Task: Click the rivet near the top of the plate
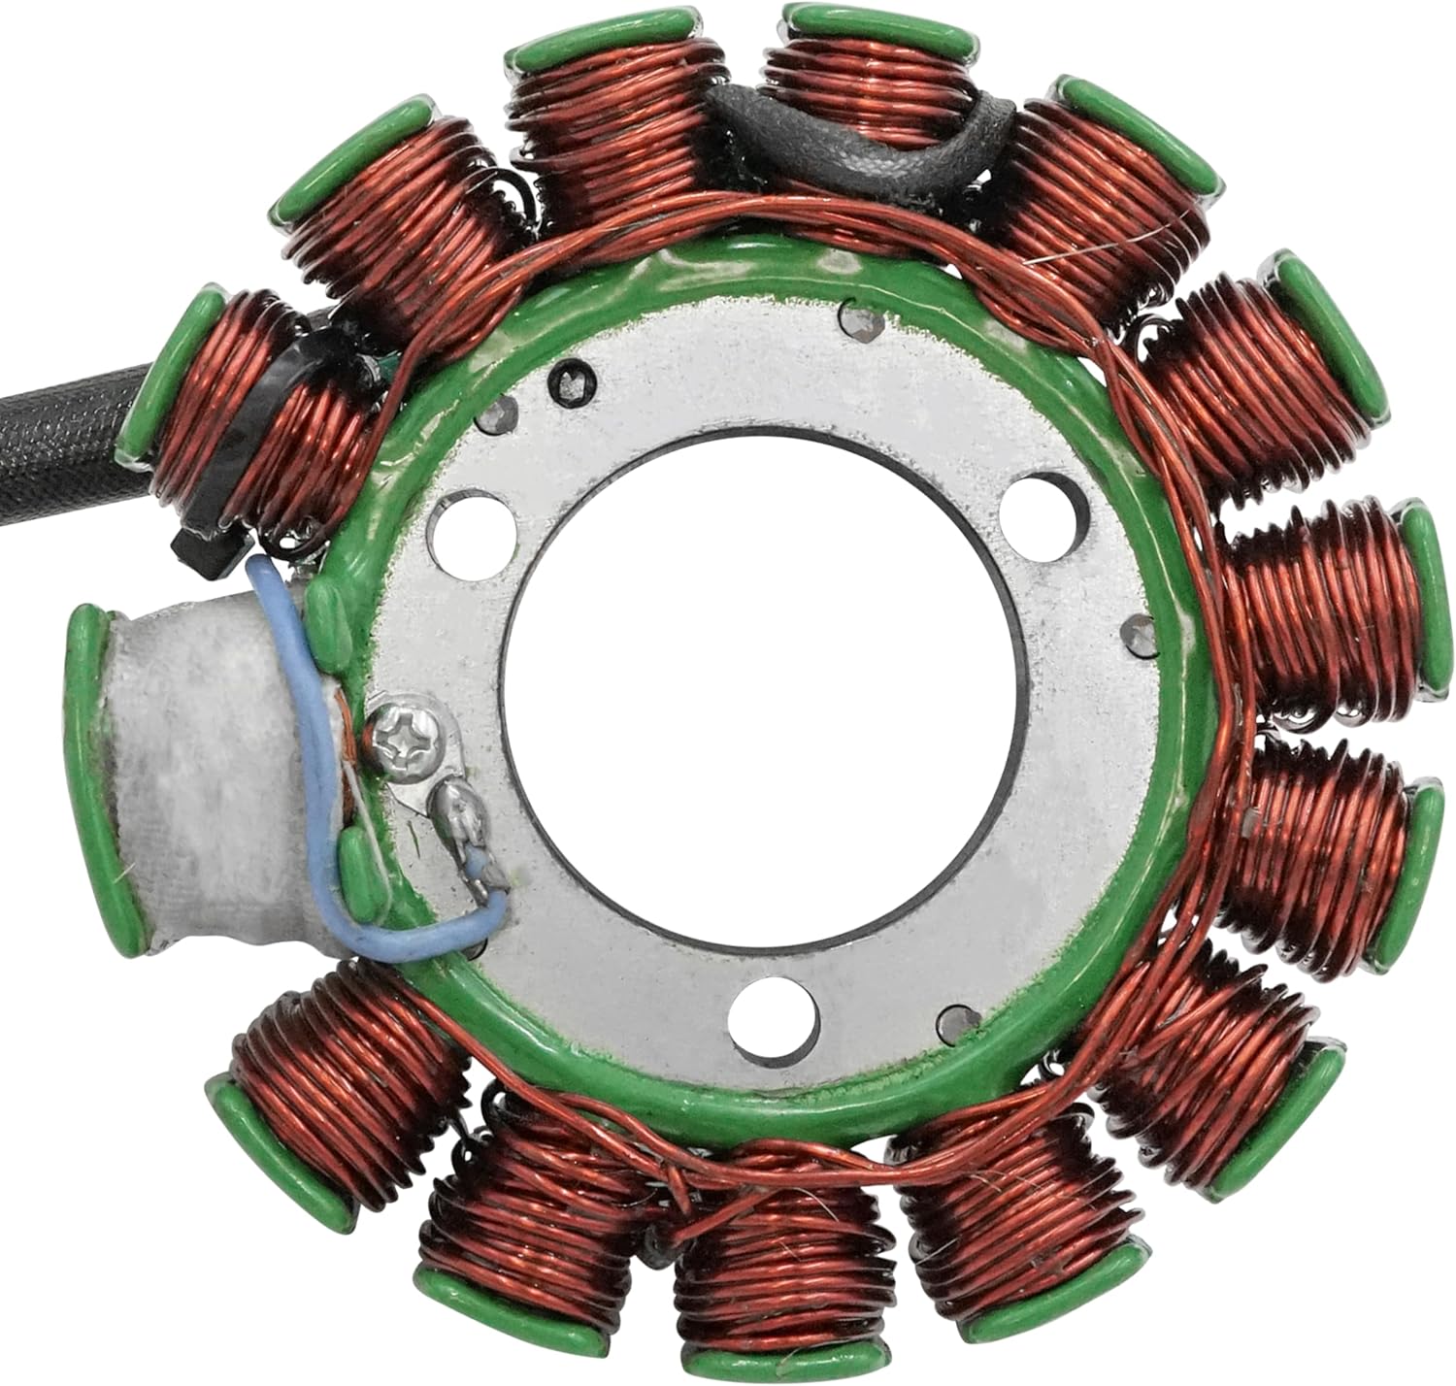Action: coord(855,321)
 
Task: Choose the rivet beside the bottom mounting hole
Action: coord(953,1019)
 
